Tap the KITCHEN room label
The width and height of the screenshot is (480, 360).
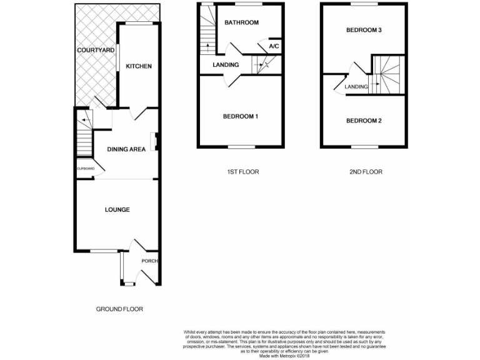[139, 66]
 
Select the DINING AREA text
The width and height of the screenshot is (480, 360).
[126, 149]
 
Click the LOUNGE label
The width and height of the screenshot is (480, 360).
[117, 209]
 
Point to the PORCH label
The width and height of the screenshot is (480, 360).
[149, 261]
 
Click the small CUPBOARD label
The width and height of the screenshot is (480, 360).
[85, 169]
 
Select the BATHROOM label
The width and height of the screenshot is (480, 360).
[241, 23]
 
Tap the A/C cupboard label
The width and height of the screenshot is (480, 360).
[274, 46]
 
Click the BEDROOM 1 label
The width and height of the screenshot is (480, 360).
[241, 116]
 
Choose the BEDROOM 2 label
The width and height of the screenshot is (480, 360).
[363, 121]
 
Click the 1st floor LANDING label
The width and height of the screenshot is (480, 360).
[225, 65]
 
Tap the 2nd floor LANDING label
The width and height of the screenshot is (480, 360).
[356, 87]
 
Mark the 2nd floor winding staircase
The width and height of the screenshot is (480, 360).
[386, 75]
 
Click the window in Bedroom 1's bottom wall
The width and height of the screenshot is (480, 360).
[241, 147]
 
